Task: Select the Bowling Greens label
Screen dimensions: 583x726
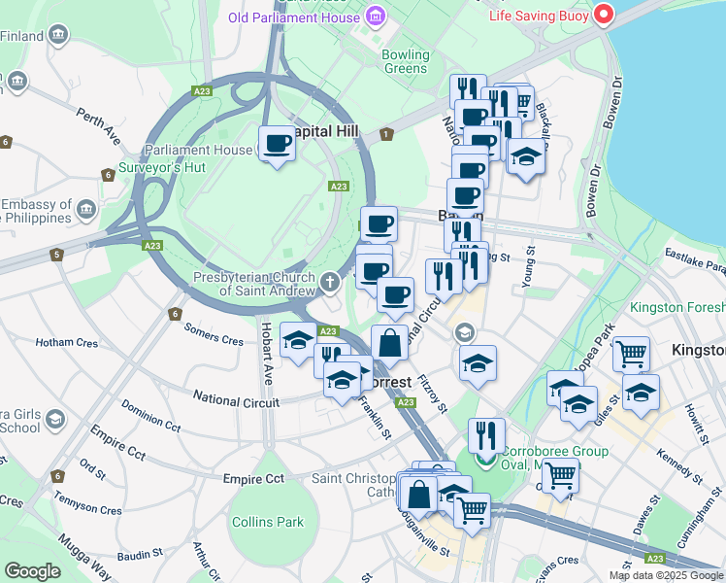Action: click(405, 61)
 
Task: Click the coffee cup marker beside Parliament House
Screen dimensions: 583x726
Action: click(278, 144)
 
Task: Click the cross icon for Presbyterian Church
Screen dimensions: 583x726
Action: click(331, 283)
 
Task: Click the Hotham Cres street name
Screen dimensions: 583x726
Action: click(67, 342)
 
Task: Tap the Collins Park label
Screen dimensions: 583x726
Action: click(268, 522)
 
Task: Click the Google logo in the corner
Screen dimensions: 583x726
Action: click(32, 571)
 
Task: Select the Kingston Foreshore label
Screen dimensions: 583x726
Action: click(677, 307)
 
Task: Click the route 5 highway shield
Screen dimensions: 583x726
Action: click(57, 255)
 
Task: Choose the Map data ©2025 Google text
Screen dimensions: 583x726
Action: click(665, 575)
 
